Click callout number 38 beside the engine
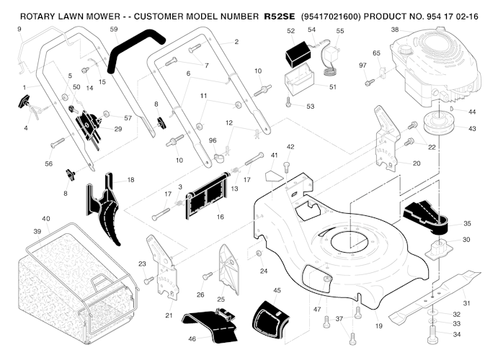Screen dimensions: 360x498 pos(394,30)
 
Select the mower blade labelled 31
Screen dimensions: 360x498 pos(432,296)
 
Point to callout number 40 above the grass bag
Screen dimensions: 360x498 pos(46,218)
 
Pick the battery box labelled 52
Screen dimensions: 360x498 pos(297,55)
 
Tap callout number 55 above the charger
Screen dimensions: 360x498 pos(340,31)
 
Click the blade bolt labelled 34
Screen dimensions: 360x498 pos(432,335)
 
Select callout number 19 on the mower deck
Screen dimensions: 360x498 pos(379,327)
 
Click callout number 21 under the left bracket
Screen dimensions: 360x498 pos(169,315)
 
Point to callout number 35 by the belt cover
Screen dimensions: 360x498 pos(467,224)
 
